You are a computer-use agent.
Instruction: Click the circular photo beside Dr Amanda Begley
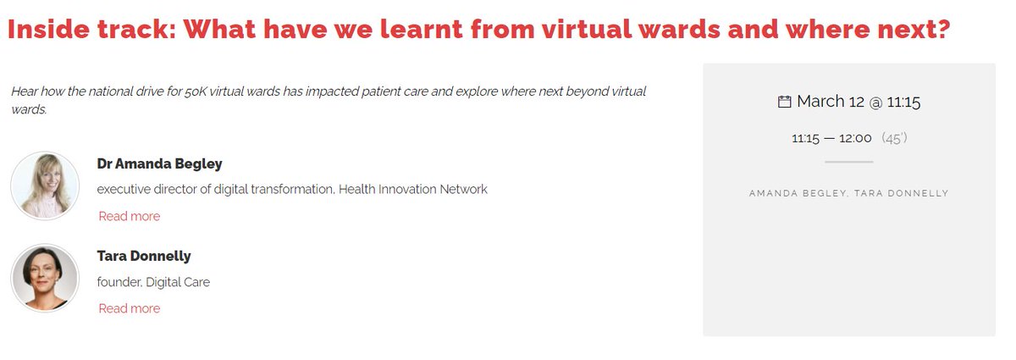[45, 186]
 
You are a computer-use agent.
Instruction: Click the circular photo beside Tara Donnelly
[45, 278]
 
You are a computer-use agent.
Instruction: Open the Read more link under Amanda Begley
[129, 216]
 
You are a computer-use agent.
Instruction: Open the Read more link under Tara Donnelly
[129, 308]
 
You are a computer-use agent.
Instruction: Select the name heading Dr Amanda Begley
[160, 163]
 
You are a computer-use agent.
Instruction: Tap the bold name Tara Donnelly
[144, 256]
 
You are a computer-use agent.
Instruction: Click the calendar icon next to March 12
[784, 102]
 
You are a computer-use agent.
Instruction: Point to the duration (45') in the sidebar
[894, 138]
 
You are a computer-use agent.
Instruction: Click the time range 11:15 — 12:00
[831, 138]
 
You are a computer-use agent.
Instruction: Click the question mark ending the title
[941, 30]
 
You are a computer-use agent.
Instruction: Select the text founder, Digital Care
[153, 282]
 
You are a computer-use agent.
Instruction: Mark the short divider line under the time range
[848, 162]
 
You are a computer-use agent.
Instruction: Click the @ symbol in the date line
[875, 102]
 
